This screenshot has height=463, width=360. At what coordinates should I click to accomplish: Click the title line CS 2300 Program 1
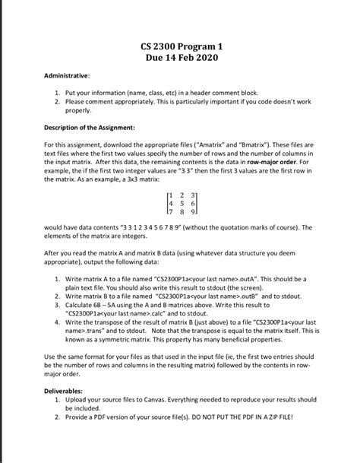180,47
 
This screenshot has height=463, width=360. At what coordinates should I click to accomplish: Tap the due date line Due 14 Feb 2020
180,59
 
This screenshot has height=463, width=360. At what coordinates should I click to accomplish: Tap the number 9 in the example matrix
195,212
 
